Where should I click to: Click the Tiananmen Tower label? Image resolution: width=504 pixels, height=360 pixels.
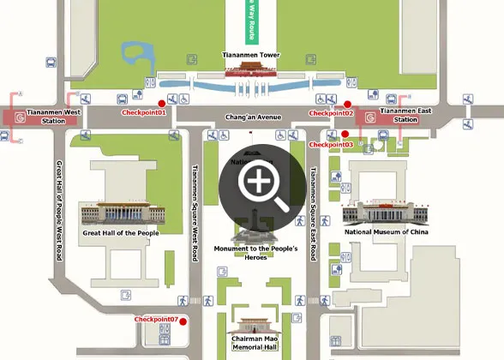coord(251,55)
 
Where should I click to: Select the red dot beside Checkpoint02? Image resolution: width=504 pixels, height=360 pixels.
coord(347,104)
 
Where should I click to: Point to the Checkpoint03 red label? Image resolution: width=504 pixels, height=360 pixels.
coord(330,145)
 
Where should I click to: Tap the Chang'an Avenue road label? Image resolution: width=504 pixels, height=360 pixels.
coord(253,117)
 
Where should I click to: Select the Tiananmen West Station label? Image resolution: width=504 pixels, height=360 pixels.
coord(54,116)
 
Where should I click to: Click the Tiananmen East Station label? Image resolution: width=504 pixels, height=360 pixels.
coord(405,116)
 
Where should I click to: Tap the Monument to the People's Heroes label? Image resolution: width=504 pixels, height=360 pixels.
coord(255,253)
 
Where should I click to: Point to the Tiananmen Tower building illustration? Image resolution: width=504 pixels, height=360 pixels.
coord(251,70)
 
